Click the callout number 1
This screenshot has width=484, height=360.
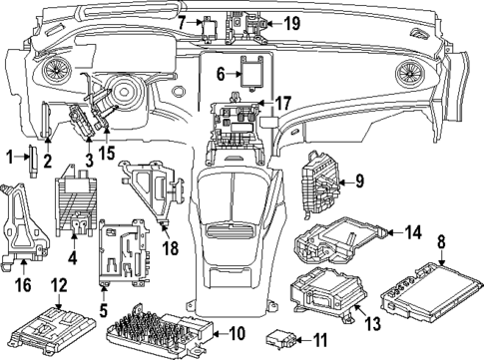pos(9,156)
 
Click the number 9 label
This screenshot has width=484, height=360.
pos(359,181)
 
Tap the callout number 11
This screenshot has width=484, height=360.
pos(321,341)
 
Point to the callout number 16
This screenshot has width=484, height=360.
pos(22,284)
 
